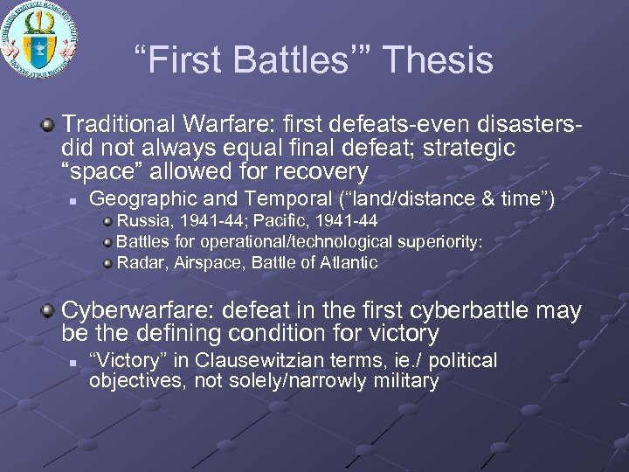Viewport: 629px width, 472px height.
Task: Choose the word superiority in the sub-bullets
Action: (439, 242)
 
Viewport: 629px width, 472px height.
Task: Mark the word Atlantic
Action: (349, 262)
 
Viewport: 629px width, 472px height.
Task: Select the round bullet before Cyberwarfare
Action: (51, 311)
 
